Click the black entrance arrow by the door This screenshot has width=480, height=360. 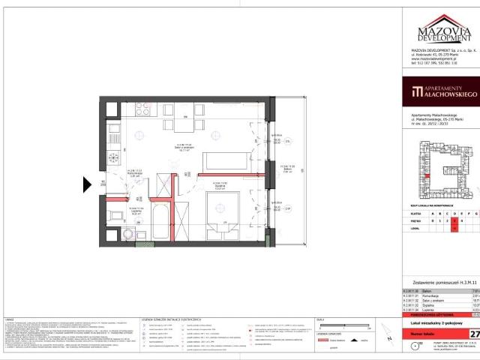(88, 183)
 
